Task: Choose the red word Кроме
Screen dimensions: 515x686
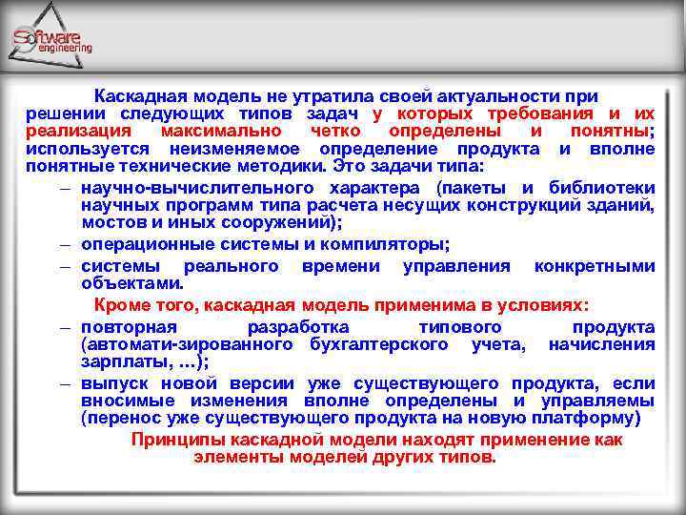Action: click(120, 304)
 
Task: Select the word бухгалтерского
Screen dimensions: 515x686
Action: click(375, 344)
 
